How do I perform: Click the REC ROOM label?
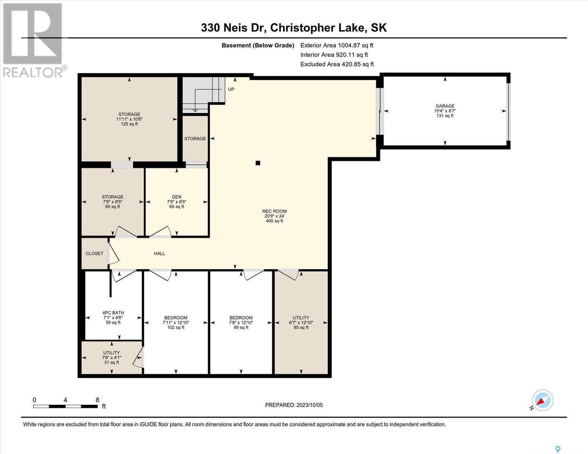click(x=275, y=211)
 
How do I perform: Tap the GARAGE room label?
click(x=445, y=106)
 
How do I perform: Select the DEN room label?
click(x=176, y=197)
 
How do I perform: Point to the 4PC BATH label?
click(x=113, y=313)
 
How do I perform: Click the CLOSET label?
click(x=94, y=253)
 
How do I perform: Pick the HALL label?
click(x=159, y=253)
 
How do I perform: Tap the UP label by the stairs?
click(x=231, y=89)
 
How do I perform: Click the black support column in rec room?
click(x=258, y=163)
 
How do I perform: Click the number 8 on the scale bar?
click(x=97, y=400)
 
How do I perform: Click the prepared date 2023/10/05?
click(x=310, y=405)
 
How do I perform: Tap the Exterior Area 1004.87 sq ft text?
click(x=337, y=45)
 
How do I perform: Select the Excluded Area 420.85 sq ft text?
click(x=337, y=64)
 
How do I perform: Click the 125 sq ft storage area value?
click(x=129, y=124)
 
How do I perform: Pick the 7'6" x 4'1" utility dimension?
click(x=111, y=358)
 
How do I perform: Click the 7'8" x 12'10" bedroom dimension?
click(x=241, y=322)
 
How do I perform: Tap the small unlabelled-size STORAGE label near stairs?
click(x=195, y=138)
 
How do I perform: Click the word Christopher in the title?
click(x=303, y=28)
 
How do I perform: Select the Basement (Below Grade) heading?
click(x=258, y=45)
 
